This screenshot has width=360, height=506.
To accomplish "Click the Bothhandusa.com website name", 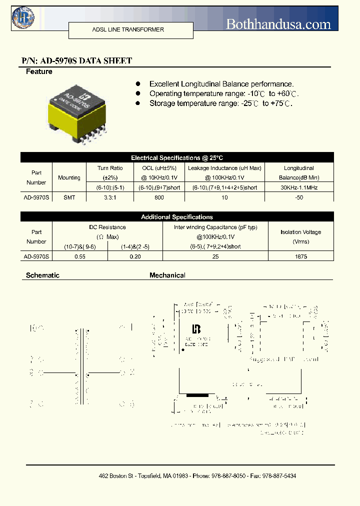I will [278, 24].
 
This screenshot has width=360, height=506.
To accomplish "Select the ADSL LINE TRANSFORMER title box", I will [128, 30].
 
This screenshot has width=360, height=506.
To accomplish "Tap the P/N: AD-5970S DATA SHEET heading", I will [77, 61].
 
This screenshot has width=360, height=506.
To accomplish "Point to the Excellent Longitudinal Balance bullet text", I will [221, 84].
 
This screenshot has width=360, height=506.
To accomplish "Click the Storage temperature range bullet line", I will [220, 103].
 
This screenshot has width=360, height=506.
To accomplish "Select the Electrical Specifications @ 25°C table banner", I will [177, 157].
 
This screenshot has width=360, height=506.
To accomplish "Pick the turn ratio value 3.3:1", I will [109, 197].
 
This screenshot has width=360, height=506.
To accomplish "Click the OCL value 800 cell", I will [159, 197].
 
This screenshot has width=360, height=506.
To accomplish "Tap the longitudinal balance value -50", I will [298, 197].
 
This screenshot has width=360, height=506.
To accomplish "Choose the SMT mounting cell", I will [69, 197].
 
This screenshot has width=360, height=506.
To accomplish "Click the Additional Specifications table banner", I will [177, 217].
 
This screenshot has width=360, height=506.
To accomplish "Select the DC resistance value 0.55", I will [79, 256].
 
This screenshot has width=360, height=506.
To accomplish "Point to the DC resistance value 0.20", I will [135, 256].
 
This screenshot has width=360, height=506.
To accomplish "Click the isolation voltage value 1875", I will [301, 256].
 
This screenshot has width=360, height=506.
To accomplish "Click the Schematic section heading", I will [42, 275].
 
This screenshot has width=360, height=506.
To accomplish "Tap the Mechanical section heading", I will [167, 275].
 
